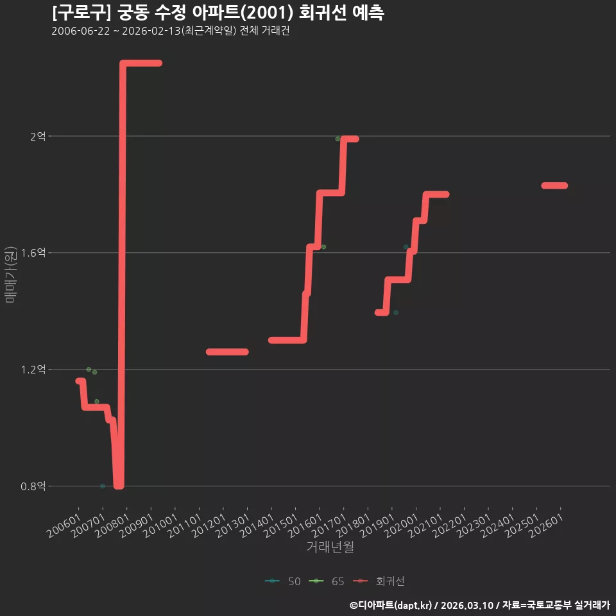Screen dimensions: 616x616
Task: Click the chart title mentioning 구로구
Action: click(218, 13)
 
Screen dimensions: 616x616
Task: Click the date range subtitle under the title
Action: click(171, 31)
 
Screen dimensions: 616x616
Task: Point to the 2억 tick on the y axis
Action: click(38, 136)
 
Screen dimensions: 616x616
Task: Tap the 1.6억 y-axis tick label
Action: click(33, 253)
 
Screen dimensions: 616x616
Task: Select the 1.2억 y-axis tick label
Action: click(33, 370)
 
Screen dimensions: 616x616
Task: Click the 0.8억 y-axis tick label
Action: click(33, 486)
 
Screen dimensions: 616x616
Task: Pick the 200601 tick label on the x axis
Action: click(64, 526)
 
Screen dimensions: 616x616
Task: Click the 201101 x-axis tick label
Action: click(185, 526)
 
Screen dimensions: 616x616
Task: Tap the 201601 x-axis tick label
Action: click(305, 526)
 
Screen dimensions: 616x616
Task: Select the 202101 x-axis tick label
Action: click(425, 526)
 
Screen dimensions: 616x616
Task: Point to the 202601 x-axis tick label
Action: click(546, 526)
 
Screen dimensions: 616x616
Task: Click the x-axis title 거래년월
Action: click(330, 547)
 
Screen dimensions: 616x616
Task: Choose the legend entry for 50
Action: click(283, 581)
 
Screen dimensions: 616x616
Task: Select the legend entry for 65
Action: click(327, 581)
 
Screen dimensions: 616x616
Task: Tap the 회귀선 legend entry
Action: click(379, 581)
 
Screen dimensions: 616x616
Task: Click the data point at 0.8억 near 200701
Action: click(103, 486)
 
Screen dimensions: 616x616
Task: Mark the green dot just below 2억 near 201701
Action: click(338, 139)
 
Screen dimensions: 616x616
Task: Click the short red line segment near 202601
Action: click(554, 185)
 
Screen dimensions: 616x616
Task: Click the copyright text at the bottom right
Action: click(480, 605)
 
